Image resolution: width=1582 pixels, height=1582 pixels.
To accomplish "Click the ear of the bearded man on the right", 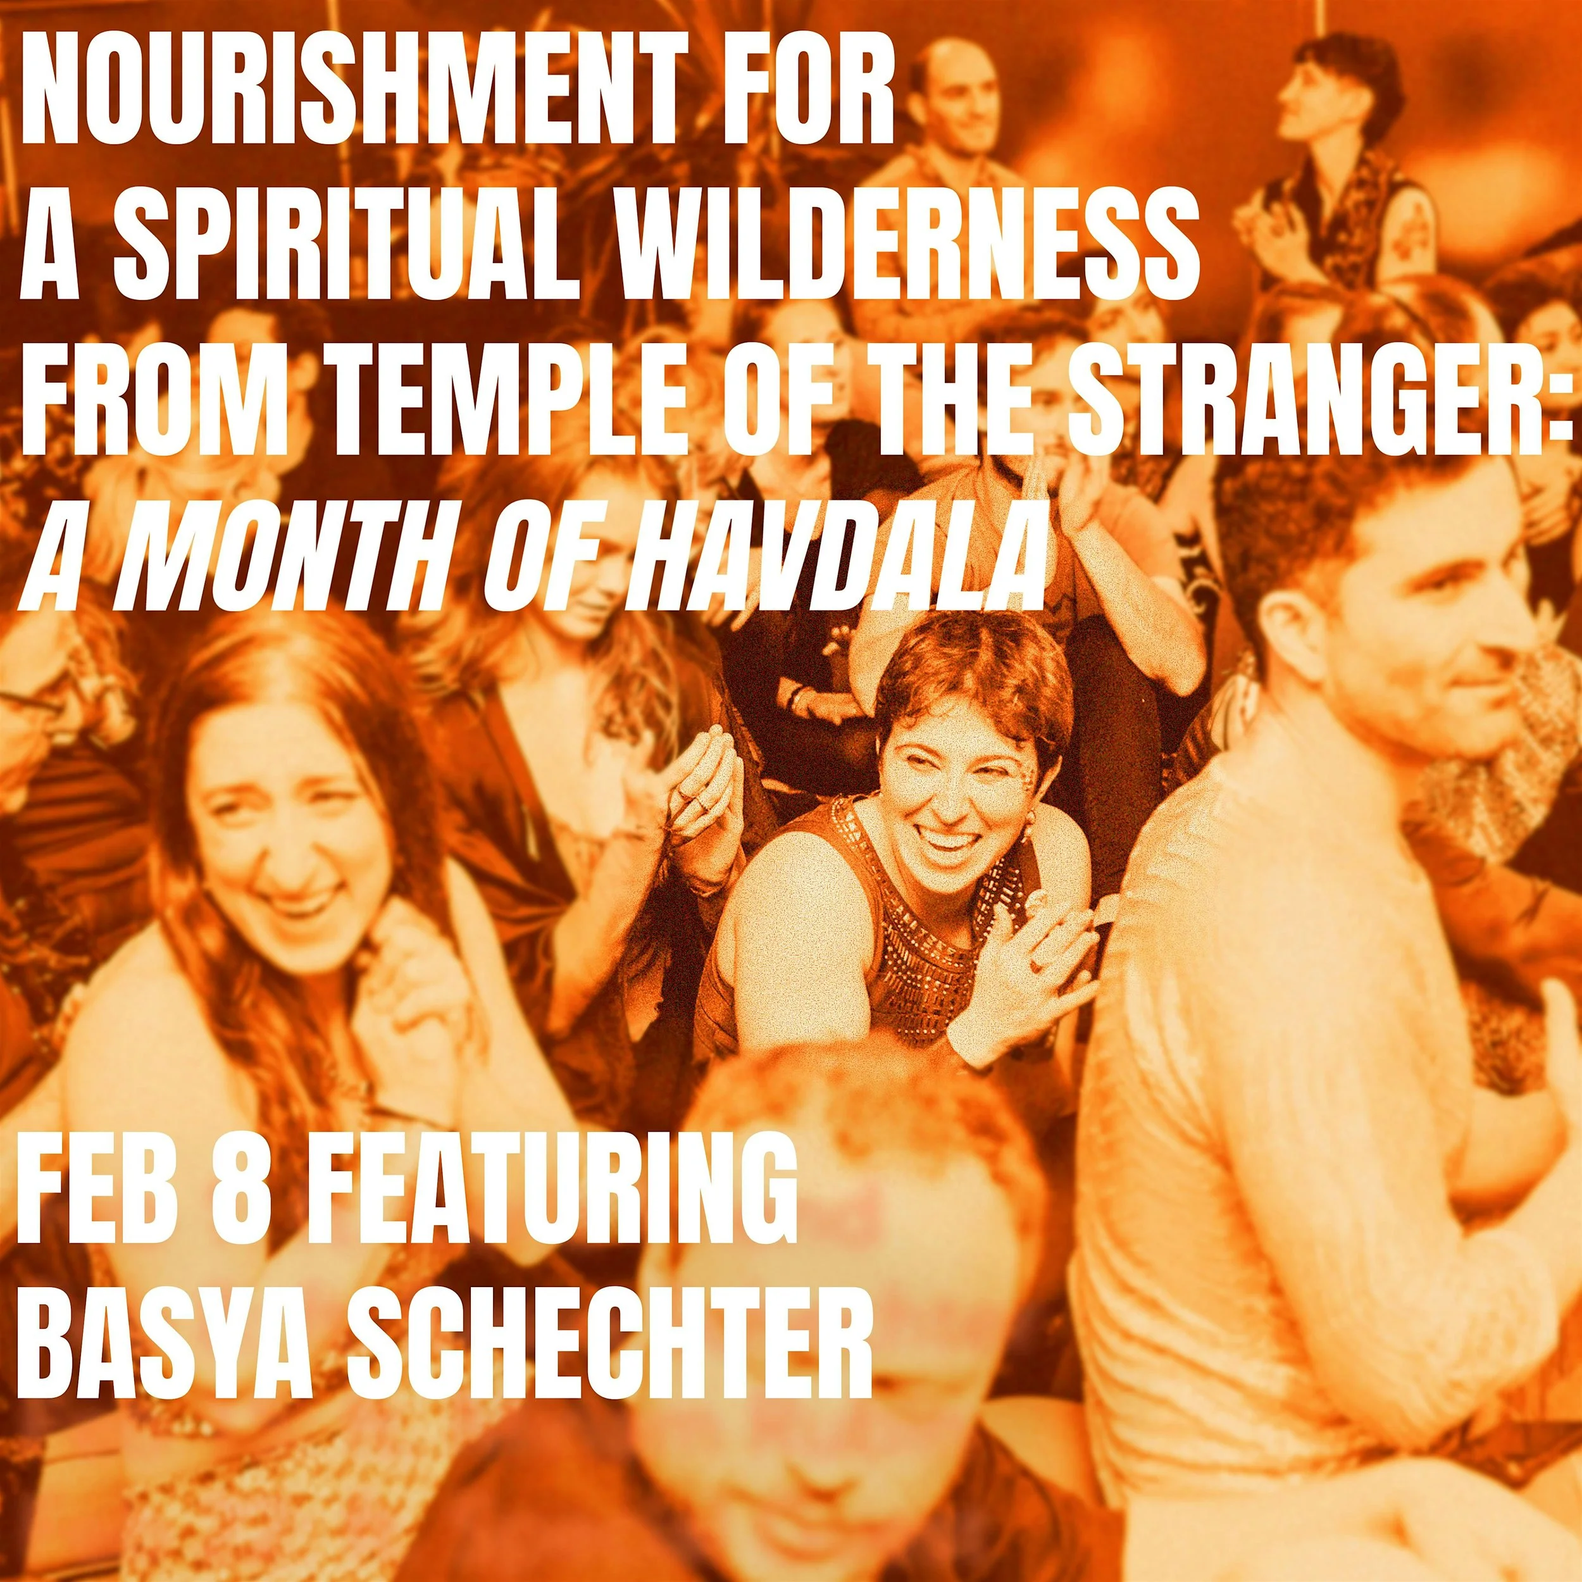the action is (1294, 622).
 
